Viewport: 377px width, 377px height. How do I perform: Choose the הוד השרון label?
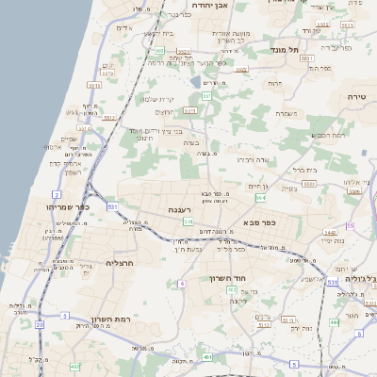[x=228, y=279]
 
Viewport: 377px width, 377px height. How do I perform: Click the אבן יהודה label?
[x=205, y=5]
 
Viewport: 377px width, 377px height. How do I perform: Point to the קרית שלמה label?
[x=157, y=99]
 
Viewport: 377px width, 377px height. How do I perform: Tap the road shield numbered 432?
[x=74, y=365]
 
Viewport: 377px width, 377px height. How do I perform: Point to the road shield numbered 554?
[x=259, y=198]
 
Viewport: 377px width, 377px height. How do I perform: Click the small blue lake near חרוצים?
[x=207, y=82]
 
